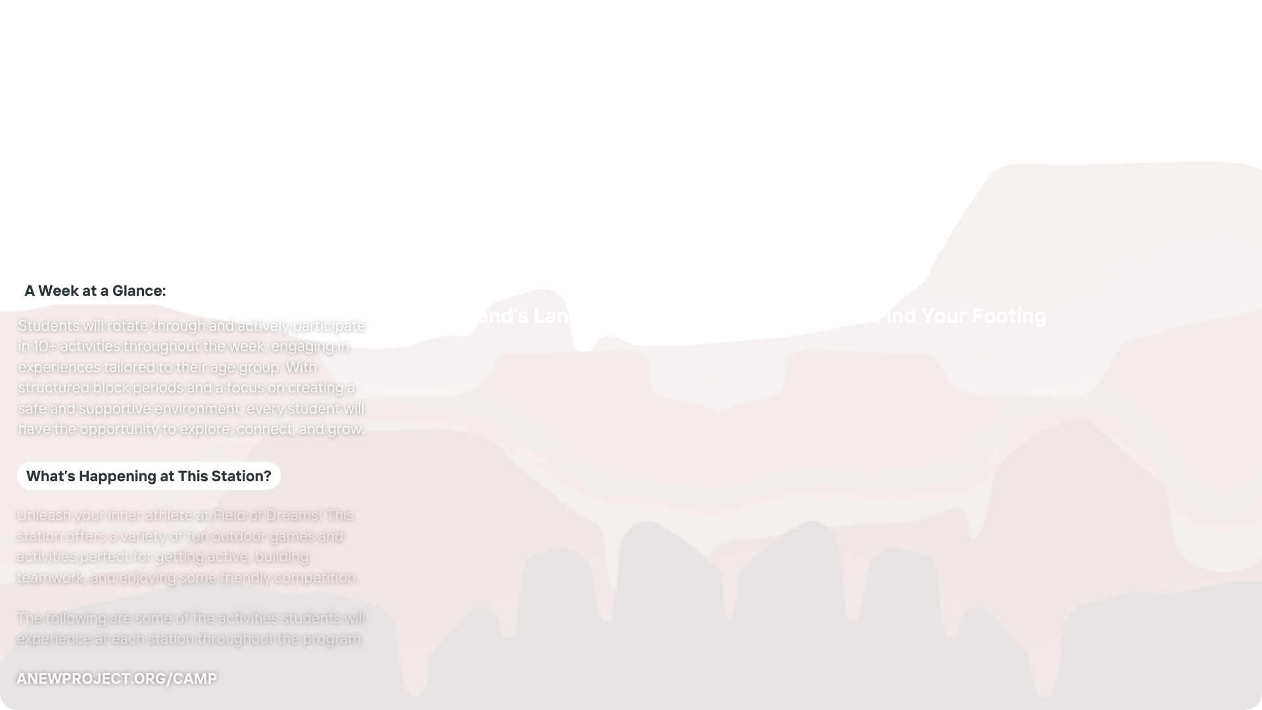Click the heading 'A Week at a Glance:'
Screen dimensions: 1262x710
point(95,291)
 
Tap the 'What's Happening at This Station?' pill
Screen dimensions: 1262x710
point(149,476)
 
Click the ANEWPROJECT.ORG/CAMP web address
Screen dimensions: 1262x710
point(116,678)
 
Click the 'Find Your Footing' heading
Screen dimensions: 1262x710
point(963,316)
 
